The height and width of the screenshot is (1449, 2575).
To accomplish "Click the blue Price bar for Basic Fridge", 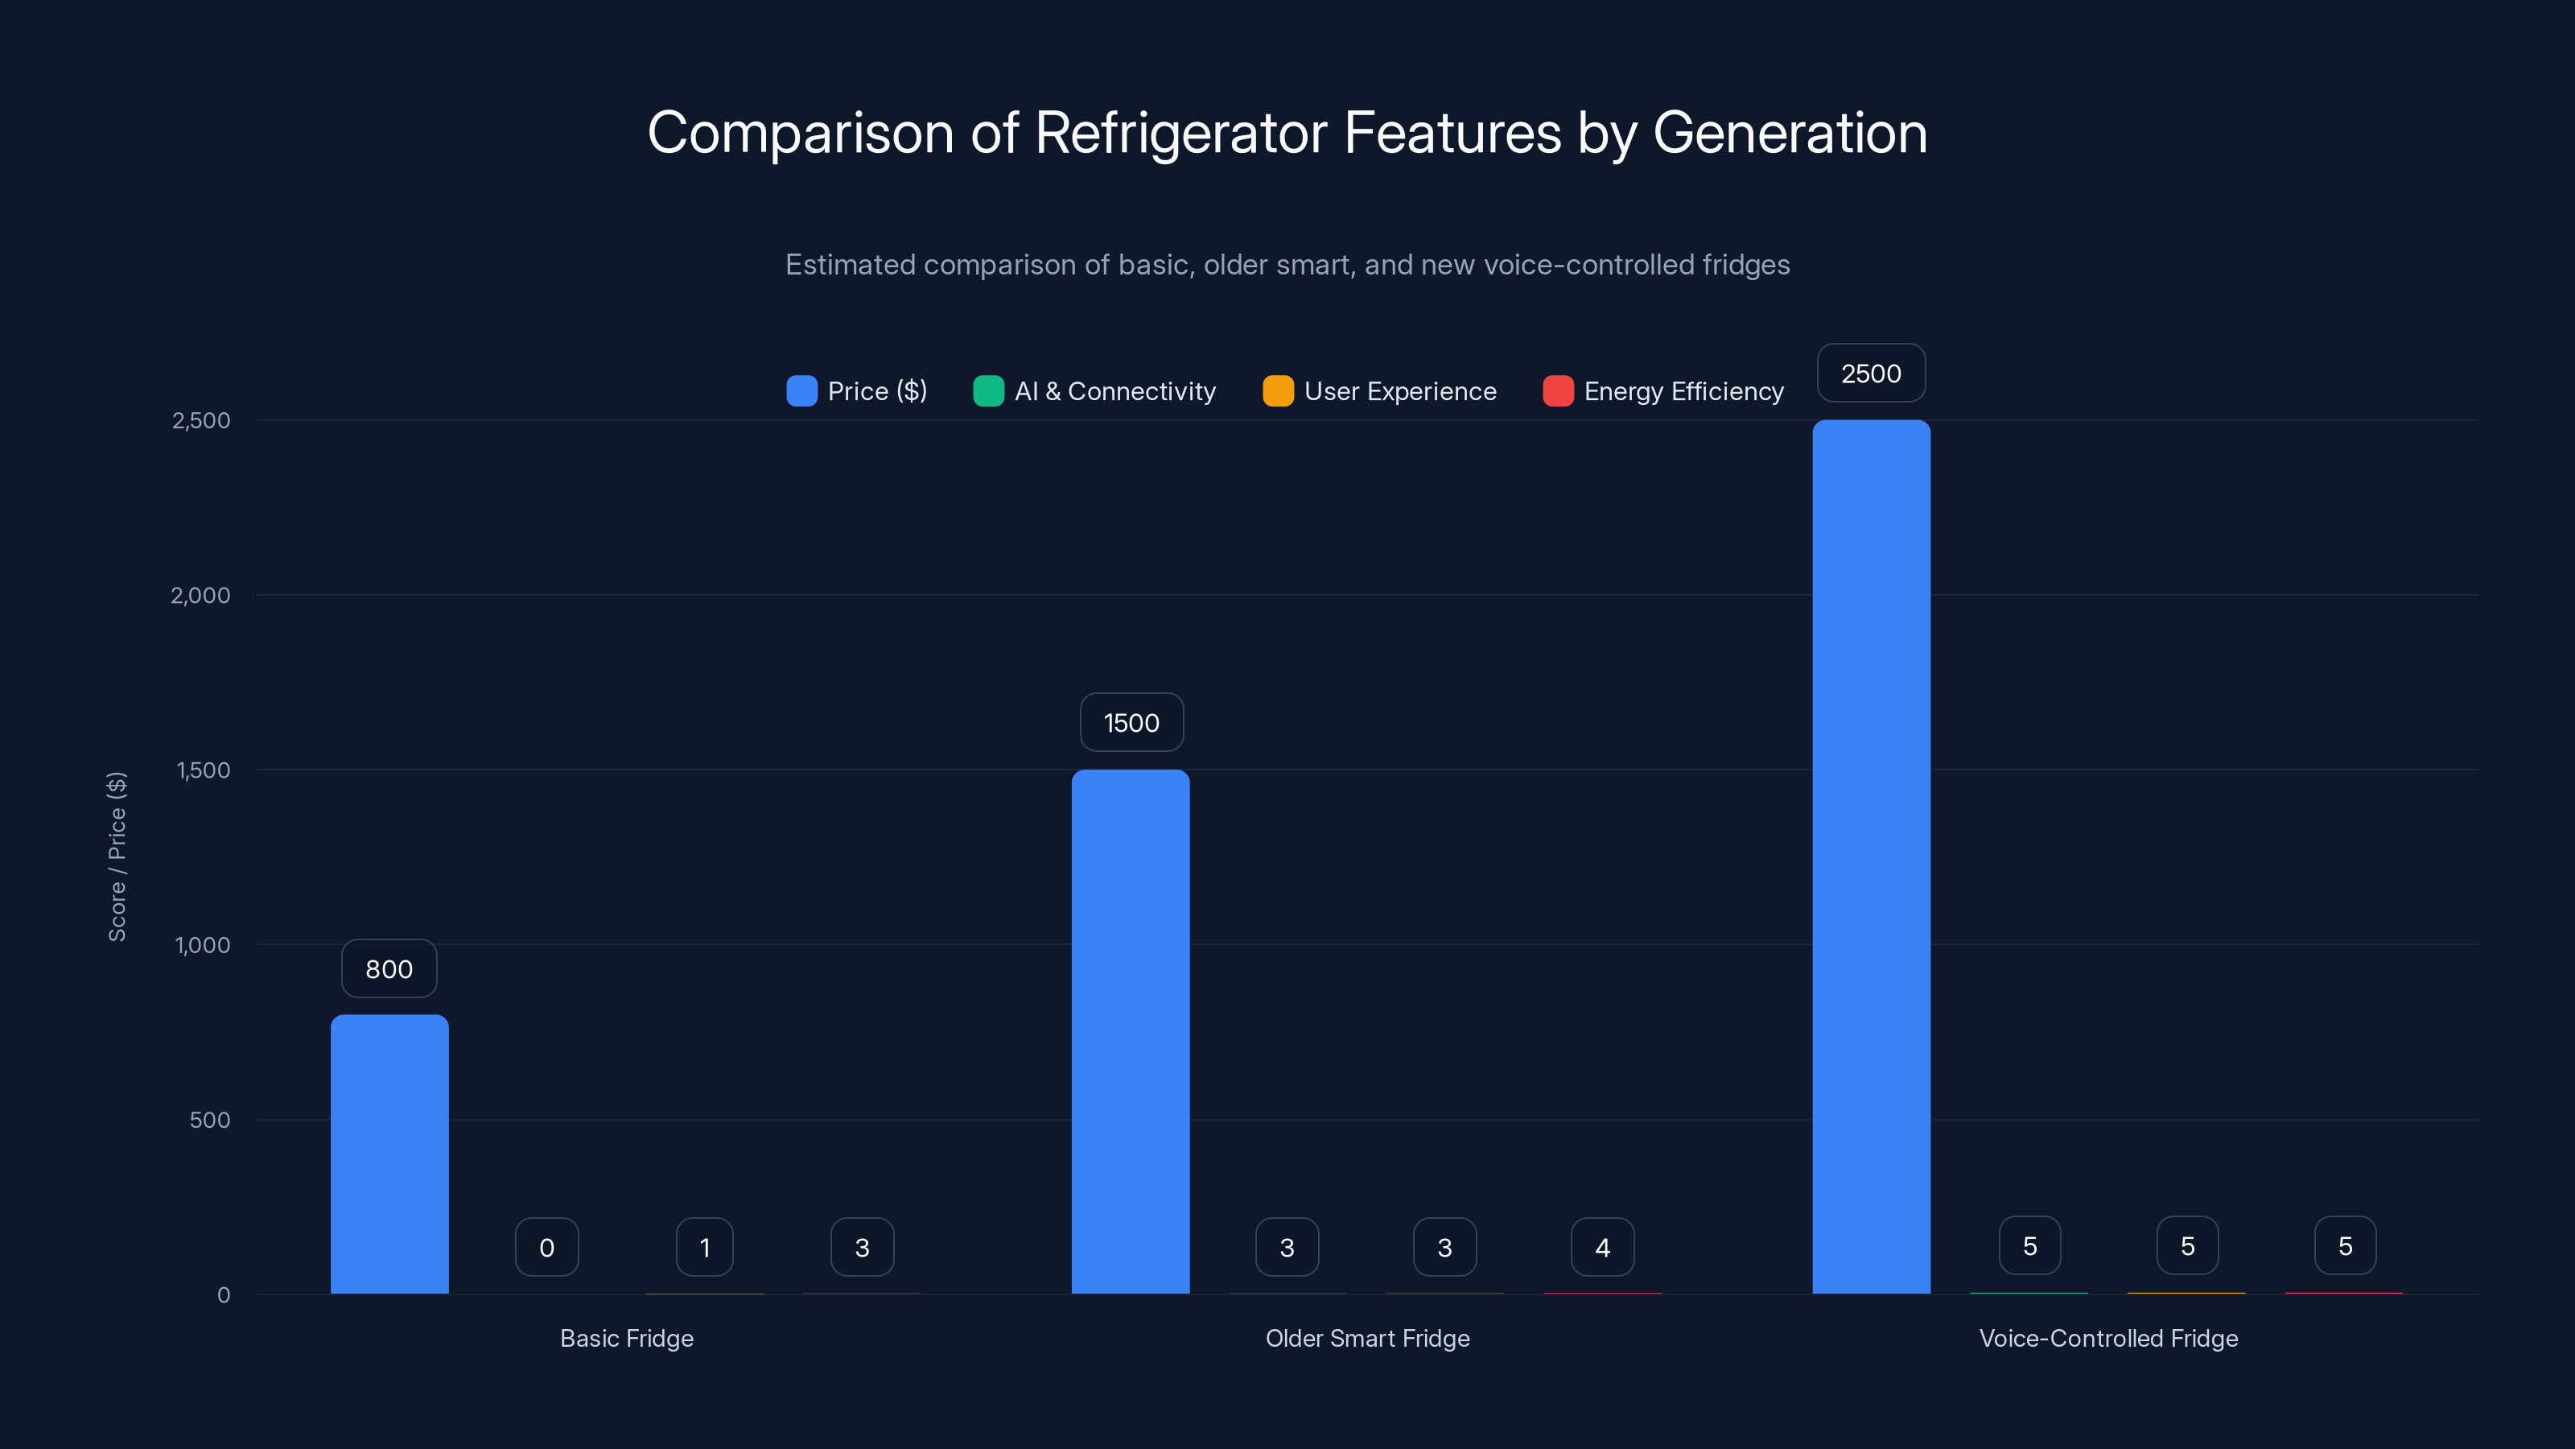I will (389, 1154).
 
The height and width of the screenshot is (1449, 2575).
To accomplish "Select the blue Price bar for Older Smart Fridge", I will (1131, 1031).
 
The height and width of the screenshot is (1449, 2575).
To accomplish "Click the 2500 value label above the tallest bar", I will (1871, 373).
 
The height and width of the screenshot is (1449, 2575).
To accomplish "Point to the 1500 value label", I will (1131, 722).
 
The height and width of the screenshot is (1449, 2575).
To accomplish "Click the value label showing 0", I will (547, 1247).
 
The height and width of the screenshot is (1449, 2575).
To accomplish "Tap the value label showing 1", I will (705, 1247).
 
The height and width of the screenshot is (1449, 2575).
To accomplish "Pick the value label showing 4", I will (1602, 1247).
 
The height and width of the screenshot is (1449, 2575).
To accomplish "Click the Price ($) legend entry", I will (858, 391).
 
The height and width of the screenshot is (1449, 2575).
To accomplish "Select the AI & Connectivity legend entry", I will (1095, 391).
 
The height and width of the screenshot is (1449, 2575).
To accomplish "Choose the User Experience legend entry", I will (1381, 391).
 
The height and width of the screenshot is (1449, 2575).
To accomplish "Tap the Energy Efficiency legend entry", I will (1664, 391).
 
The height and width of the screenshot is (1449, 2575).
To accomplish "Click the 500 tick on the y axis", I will (210, 1120).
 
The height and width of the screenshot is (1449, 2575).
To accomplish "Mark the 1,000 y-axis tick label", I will (202, 945).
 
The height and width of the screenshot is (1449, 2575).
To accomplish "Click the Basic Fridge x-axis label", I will (627, 1338).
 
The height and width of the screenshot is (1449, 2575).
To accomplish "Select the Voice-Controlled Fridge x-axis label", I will (2108, 1338).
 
